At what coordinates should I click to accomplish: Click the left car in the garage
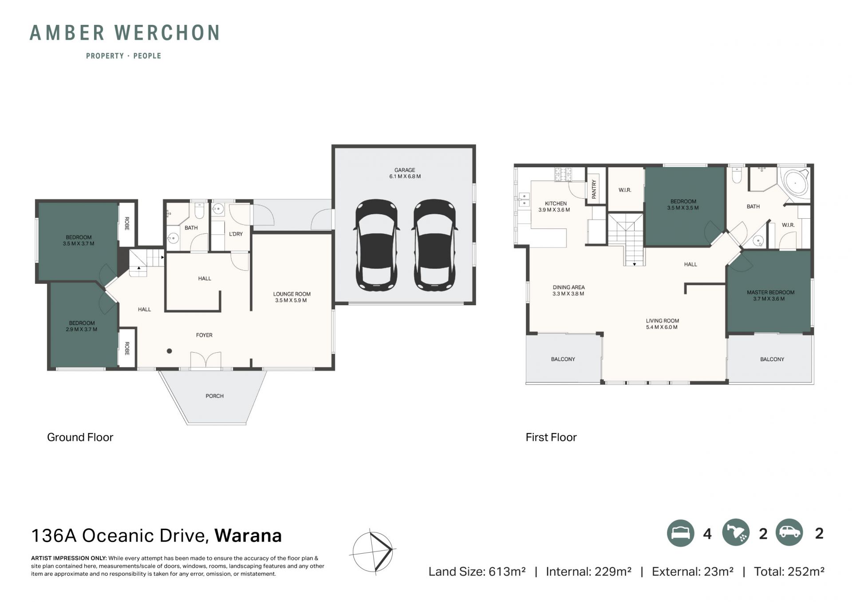[x=377, y=245]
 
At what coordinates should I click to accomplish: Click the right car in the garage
[x=435, y=245]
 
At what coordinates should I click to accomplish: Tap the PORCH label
[x=214, y=396]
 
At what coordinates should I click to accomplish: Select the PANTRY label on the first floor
[x=594, y=189]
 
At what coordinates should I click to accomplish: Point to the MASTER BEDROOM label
[x=770, y=292]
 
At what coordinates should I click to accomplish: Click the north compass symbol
[x=373, y=551]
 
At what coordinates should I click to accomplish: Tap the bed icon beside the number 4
[x=680, y=533]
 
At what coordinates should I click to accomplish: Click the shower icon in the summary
[x=736, y=533]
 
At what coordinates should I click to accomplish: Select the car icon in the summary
[x=789, y=532]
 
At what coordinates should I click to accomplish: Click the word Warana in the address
[x=248, y=535]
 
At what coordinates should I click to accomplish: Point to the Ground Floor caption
[x=80, y=437]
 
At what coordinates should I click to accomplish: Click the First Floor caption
[x=551, y=437]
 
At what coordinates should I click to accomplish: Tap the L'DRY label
[x=236, y=234]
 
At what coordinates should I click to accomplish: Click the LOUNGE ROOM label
[x=292, y=294]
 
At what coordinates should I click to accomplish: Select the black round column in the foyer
[x=170, y=351]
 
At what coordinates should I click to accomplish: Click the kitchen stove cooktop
[x=563, y=174]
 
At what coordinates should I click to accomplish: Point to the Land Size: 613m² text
[x=477, y=571]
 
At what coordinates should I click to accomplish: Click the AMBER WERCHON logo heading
[x=125, y=33]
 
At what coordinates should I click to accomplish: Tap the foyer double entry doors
[x=206, y=360]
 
